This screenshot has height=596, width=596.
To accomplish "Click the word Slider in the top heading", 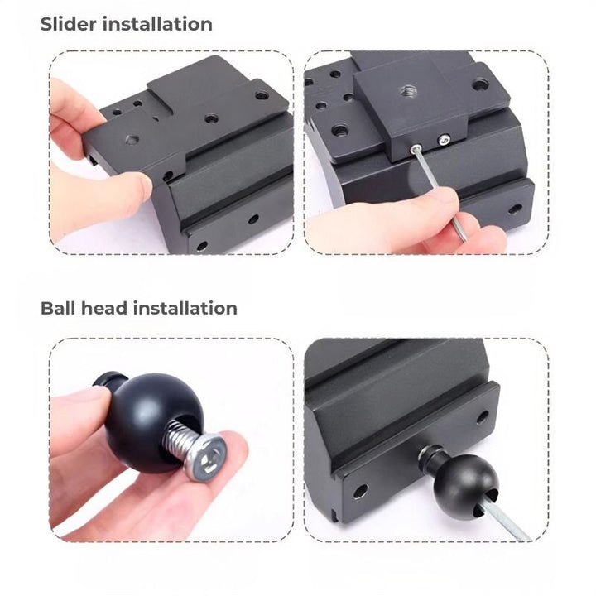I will click(69, 24).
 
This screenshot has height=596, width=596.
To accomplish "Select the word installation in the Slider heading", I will click(157, 24).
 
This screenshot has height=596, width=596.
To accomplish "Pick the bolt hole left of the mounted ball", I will click(360, 490).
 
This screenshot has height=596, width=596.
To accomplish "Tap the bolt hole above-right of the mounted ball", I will click(483, 416).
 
